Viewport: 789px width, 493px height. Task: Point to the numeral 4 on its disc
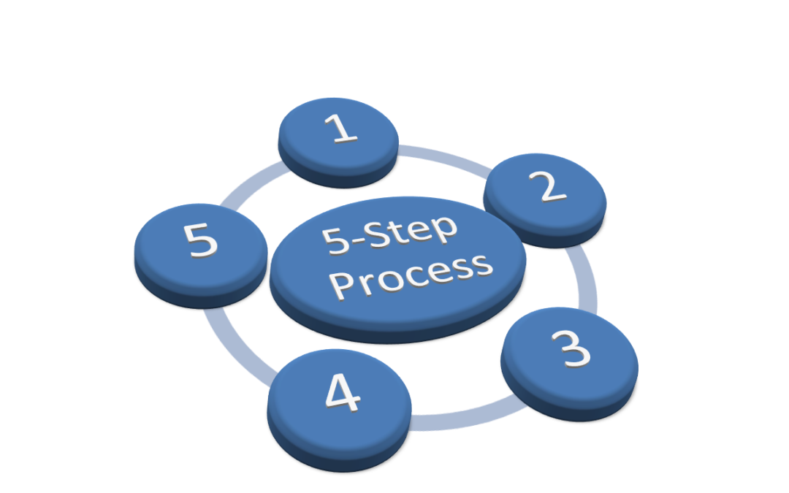point(342,395)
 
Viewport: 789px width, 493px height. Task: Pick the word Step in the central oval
point(420,232)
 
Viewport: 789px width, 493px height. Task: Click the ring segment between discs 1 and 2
point(438,156)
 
